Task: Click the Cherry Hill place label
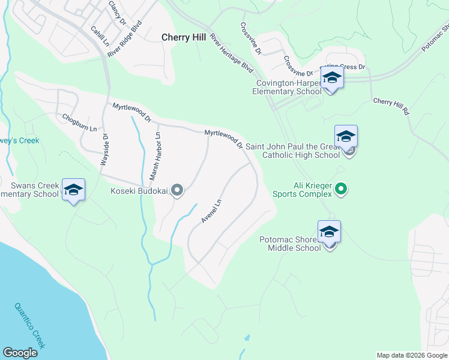[184, 37]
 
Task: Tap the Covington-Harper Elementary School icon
[332, 78]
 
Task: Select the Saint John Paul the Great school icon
[346, 137]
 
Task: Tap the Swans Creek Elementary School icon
[73, 190]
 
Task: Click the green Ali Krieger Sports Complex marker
[341, 190]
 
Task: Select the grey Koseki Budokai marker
[177, 191]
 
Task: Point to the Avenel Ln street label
[211, 211]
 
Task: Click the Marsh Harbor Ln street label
[155, 157]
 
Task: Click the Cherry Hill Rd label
[391, 106]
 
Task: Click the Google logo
[20, 353]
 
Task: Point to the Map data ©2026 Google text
[411, 355]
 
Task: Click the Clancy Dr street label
[118, 12]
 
